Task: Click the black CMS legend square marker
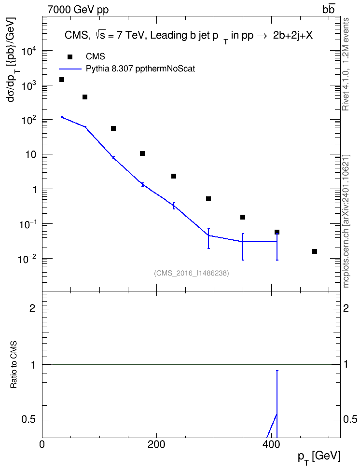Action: [70, 57]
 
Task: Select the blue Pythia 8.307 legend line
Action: [70, 69]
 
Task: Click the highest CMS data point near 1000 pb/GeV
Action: [62, 80]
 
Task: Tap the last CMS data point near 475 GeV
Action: [315, 251]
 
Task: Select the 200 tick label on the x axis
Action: [156, 444]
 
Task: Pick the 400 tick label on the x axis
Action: [271, 444]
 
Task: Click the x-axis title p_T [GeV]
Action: [319, 457]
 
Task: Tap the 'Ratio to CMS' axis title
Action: [14, 365]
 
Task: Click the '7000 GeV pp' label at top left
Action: [78, 10]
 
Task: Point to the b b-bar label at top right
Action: [328, 10]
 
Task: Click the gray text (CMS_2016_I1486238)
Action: [192, 273]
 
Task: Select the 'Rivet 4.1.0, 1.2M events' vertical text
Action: [346, 64]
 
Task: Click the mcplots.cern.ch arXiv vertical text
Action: [346, 221]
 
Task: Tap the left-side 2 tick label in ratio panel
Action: [32, 308]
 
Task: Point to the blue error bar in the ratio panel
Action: [277, 404]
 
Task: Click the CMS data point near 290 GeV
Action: [208, 199]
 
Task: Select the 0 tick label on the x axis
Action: [42, 444]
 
